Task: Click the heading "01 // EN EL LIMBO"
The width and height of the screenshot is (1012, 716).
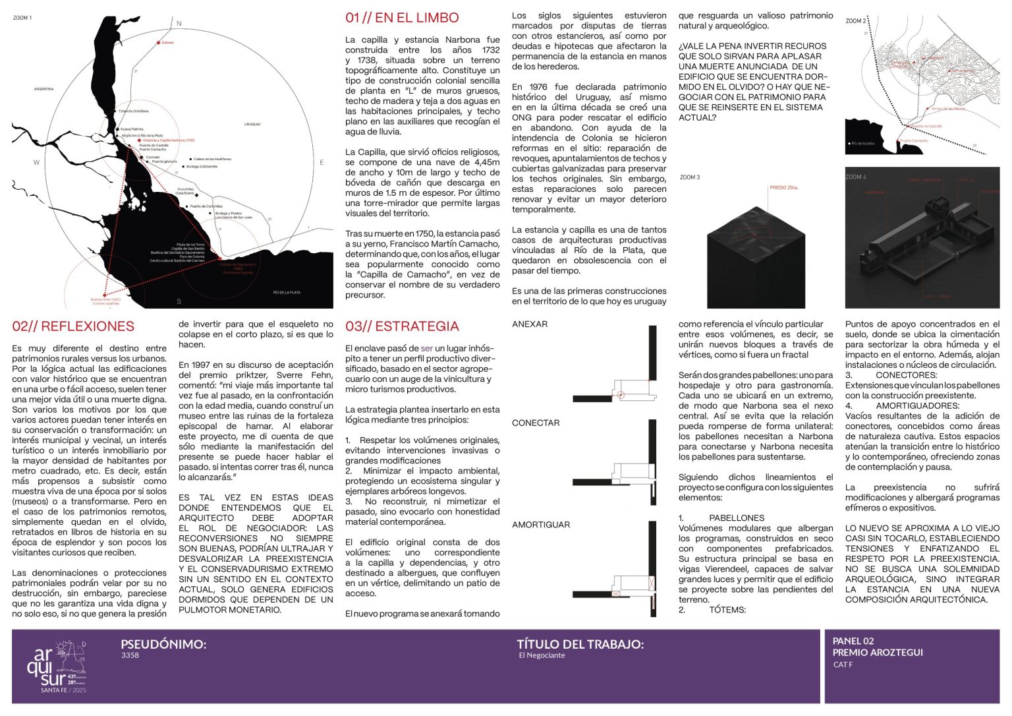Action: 402,18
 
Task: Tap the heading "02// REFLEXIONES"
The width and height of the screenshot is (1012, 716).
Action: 73,326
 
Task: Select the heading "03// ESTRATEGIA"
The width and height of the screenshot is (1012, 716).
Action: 402,326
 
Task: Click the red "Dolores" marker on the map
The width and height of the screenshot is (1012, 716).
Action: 159,43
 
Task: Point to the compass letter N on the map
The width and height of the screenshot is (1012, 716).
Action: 179,24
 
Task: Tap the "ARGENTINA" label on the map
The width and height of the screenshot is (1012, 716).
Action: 44,89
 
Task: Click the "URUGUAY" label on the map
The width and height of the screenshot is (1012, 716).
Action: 252,124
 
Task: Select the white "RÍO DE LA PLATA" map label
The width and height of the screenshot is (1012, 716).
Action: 287,292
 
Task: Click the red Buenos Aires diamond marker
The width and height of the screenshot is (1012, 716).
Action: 104,295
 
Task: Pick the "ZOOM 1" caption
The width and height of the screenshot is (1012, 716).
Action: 22,18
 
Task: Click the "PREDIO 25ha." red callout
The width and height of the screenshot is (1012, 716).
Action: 783,188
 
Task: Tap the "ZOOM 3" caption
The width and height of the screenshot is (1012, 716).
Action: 690,177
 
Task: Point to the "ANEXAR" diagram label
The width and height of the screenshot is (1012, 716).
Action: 530,324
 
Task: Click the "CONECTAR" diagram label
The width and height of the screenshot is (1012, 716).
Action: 536,423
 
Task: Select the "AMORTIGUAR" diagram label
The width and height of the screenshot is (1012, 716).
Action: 541,525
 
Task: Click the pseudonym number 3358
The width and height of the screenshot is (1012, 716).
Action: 130,656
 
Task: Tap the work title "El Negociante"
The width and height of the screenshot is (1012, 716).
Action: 542,656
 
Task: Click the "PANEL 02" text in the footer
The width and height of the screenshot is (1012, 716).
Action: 853,641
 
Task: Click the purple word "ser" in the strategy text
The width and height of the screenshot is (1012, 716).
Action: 427,348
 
